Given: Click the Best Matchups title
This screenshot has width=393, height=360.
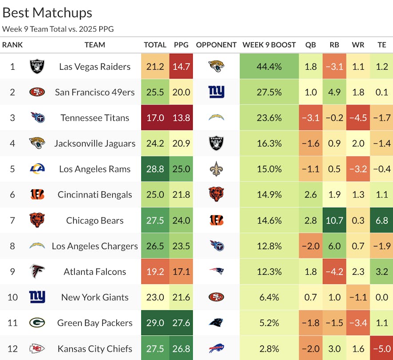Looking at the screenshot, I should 48,12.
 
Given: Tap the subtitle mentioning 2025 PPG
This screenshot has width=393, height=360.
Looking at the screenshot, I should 58,29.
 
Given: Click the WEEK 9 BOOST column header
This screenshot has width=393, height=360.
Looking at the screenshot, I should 269,45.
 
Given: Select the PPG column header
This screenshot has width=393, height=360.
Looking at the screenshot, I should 181,45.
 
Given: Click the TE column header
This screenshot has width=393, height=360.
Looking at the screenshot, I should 381,45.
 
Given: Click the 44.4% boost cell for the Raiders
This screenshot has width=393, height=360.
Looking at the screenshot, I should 269,67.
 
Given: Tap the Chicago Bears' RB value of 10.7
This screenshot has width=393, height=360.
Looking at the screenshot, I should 334,221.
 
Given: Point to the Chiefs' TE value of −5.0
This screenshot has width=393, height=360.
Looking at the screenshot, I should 381,348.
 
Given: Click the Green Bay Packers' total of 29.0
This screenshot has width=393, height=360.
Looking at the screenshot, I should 155,323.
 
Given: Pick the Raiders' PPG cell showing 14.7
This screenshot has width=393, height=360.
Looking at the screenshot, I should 182,67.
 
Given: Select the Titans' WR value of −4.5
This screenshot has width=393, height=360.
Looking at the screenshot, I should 358,118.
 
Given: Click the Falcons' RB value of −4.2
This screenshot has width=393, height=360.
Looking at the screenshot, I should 334,272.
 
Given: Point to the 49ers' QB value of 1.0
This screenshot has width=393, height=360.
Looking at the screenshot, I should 311,92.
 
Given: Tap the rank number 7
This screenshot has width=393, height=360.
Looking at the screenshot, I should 12,221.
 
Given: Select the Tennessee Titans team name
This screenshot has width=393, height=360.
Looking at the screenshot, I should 95,118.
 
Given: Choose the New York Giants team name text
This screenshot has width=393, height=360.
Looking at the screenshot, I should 95,297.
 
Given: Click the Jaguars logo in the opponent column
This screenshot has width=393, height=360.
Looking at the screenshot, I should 216,67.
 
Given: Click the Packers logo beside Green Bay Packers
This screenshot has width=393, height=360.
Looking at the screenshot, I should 37,323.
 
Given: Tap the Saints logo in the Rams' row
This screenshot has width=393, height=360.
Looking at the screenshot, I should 216,169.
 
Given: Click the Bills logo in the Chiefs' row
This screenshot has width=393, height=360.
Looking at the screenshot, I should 216,348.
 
